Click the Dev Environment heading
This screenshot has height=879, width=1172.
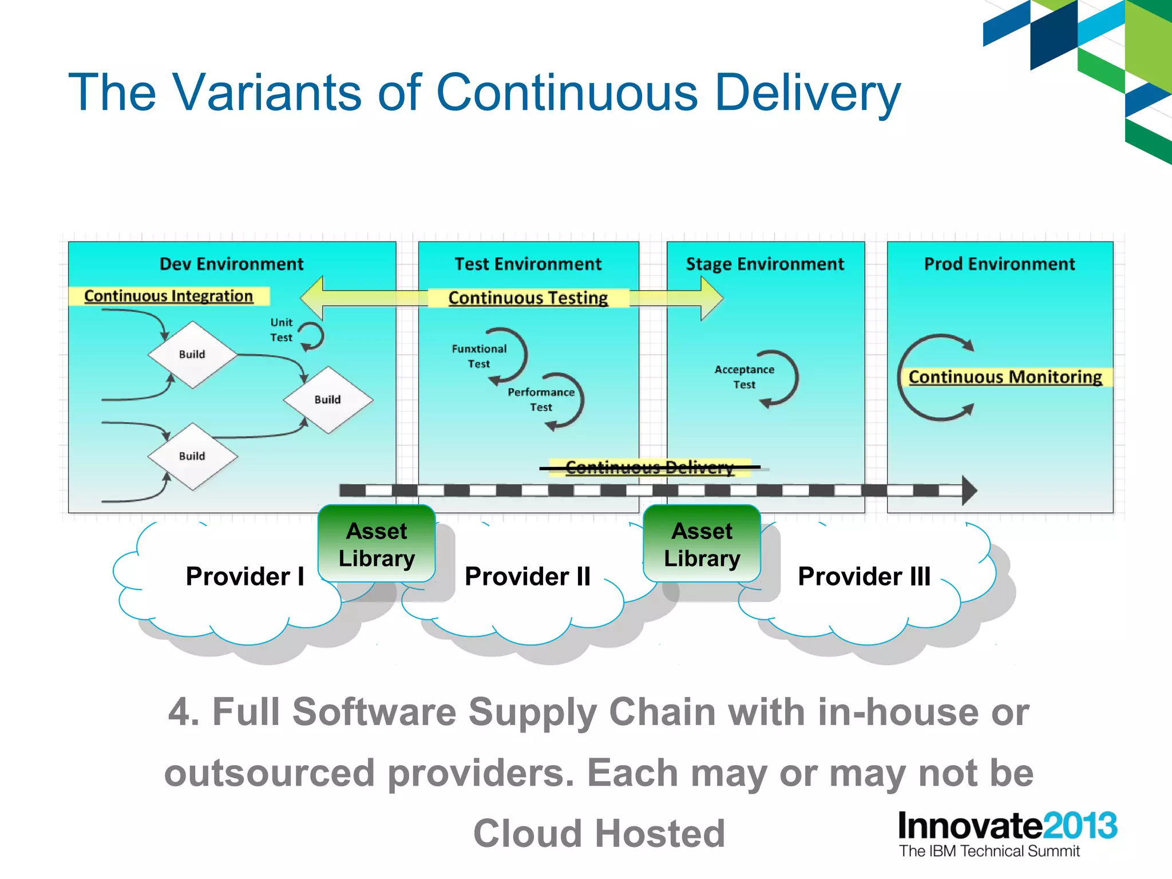[231, 264]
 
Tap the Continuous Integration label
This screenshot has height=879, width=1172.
[168, 296]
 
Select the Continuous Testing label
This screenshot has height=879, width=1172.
[528, 298]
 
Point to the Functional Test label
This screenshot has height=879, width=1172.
[479, 356]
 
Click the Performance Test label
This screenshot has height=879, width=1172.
[541, 399]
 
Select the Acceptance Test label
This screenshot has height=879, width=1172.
[744, 377]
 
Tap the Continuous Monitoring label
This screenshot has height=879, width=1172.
[1005, 377]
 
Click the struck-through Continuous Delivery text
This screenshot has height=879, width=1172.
[649, 468]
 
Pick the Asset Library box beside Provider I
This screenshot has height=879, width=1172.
[377, 544]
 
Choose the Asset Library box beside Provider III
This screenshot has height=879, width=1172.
[702, 544]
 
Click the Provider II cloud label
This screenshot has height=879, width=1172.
[527, 576]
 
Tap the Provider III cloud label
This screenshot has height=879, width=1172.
[864, 576]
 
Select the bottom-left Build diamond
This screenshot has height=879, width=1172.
[192, 456]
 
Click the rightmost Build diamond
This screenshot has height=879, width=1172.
[328, 399]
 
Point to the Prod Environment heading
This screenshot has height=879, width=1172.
[999, 264]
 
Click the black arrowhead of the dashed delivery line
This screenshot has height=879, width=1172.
[968, 490]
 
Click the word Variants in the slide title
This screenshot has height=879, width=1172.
[267, 93]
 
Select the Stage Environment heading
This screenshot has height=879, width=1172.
[765, 264]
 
